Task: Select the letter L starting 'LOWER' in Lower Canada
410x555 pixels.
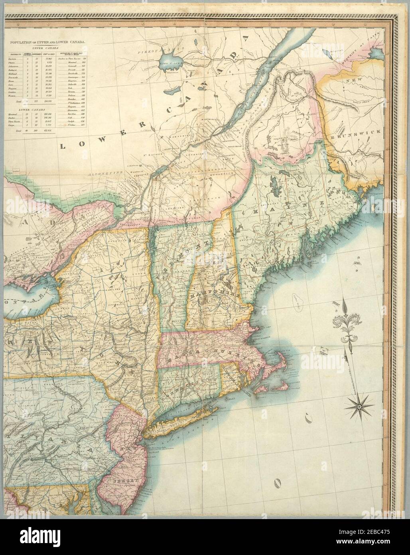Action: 62,147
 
